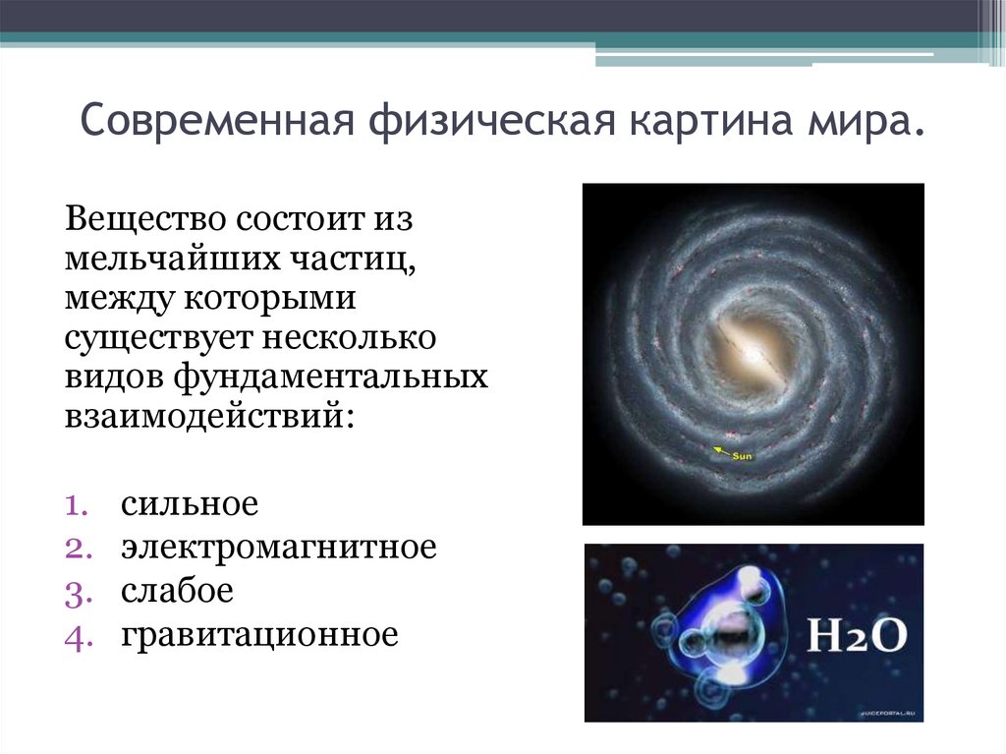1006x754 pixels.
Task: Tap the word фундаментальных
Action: pyautogui.click(x=331, y=377)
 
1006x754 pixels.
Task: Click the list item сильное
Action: pyautogui.click(x=190, y=505)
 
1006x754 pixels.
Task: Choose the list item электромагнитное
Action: pyautogui.click(x=278, y=548)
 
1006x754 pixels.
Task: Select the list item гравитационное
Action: pyautogui.click(x=259, y=635)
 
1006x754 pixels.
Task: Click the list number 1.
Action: pyautogui.click(x=77, y=506)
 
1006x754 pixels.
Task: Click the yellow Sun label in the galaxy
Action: pyautogui.click(x=740, y=455)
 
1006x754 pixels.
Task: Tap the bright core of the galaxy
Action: pyautogui.click(x=751, y=348)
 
